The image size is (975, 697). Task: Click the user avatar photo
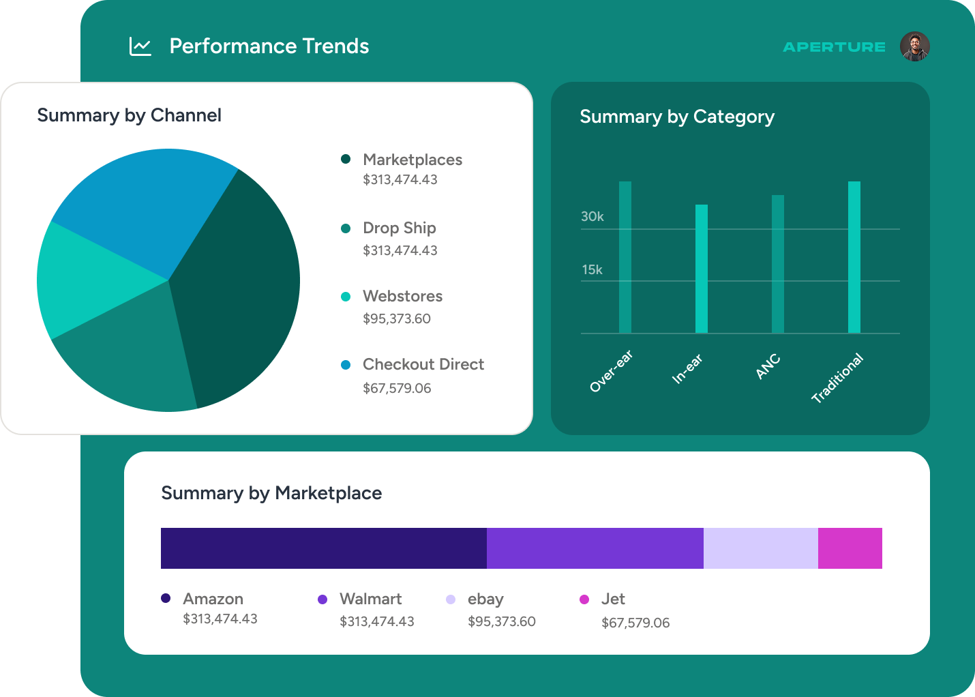(x=914, y=46)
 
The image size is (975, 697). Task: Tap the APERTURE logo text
(x=834, y=47)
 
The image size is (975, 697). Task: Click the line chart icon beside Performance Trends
(x=140, y=46)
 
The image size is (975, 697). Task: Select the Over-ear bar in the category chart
(x=625, y=257)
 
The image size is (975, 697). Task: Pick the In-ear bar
(x=702, y=269)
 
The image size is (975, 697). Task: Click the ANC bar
(x=778, y=264)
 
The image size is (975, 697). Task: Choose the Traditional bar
(x=854, y=257)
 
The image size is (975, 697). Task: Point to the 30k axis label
(x=592, y=217)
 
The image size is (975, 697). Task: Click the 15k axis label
(x=592, y=270)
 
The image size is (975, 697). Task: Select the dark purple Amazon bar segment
(x=324, y=548)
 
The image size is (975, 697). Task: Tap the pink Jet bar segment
(x=850, y=548)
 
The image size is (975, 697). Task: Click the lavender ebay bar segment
(x=761, y=548)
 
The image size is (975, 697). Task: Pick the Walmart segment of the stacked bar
(x=595, y=548)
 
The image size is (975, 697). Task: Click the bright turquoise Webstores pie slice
(x=89, y=280)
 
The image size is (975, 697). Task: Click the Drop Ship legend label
(x=400, y=228)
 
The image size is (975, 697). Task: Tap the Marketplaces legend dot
(x=346, y=159)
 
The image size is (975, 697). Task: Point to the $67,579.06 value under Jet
(x=635, y=623)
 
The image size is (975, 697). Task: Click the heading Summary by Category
(x=677, y=117)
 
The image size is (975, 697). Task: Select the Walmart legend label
(x=370, y=599)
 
